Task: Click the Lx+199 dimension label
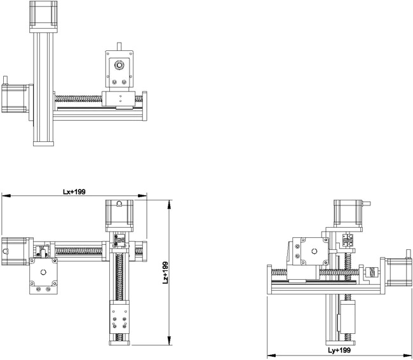74,191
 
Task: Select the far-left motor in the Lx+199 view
14,251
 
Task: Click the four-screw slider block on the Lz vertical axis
119,319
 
